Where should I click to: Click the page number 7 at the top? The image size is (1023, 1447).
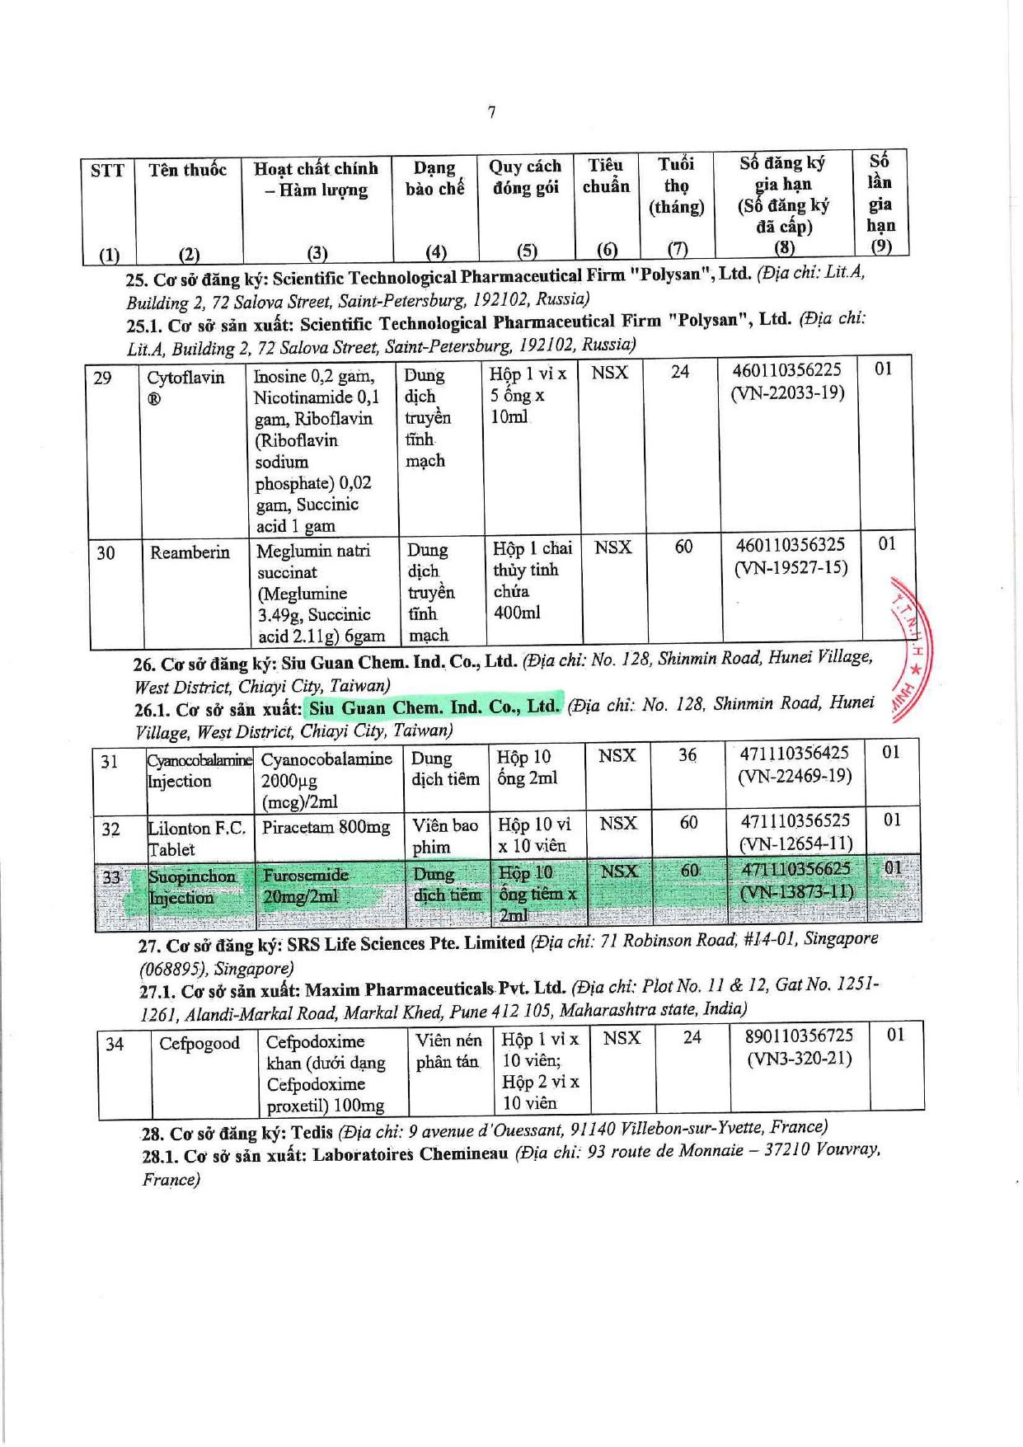[x=492, y=112]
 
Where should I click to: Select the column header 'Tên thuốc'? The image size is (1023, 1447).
[x=188, y=171]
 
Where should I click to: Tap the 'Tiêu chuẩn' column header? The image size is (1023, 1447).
[x=606, y=176]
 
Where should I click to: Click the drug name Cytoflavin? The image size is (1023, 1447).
[x=185, y=378]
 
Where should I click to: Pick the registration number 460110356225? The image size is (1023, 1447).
[x=786, y=371]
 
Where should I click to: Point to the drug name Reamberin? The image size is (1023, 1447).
[x=190, y=552]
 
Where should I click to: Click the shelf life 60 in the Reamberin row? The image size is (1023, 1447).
[x=683, y=547]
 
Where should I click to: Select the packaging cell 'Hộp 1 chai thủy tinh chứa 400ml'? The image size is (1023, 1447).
[x=531, y=580]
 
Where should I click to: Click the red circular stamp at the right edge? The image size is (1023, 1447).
[x=911, y=651]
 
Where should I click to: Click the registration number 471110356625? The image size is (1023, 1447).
[x=795, y=869]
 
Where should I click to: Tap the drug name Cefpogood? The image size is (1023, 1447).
[x=199, y=1044]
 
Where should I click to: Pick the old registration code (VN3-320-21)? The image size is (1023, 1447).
[x=799, y=1059]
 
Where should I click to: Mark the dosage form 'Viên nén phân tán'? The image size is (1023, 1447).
[x=448, y=1051]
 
